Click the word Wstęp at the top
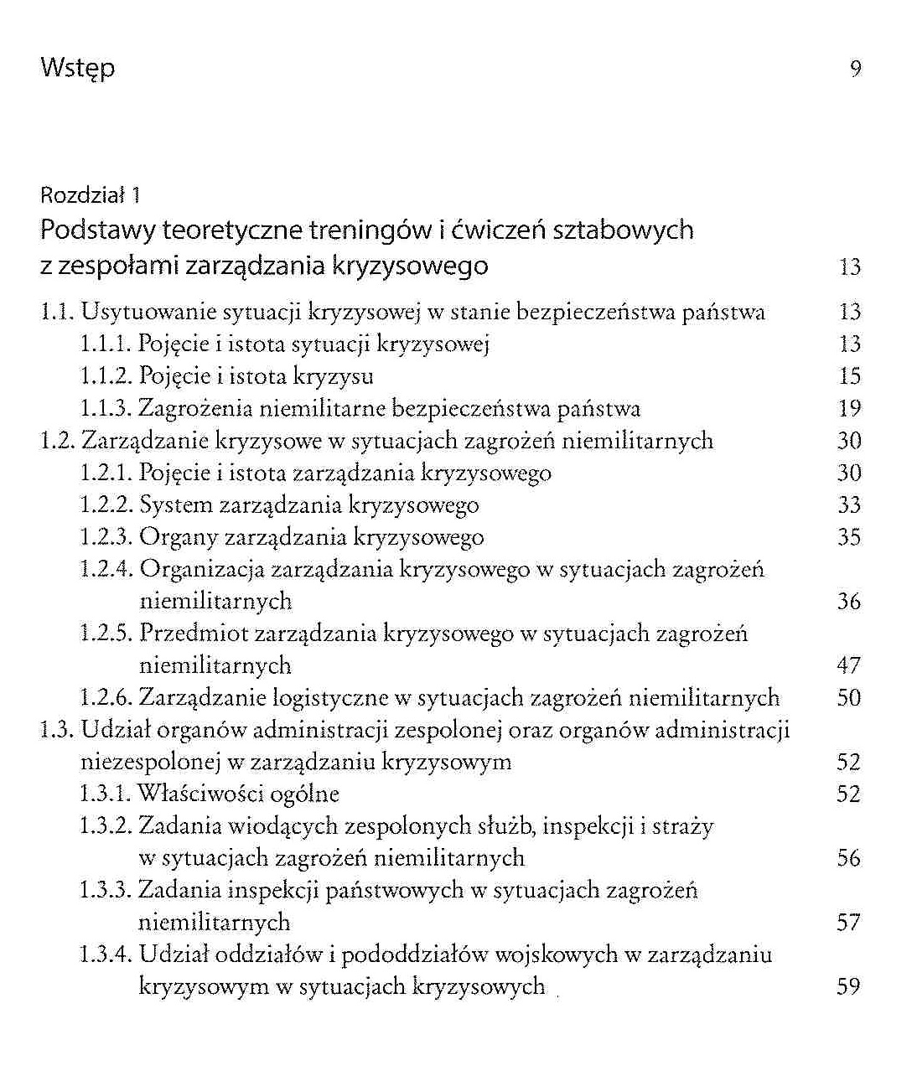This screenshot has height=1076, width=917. pyautogui.click(x=77, y=68)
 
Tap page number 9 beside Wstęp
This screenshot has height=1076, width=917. pyautogui.click(x=855, y=69)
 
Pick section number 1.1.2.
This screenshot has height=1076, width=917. pyautogui.click(x=106, y=376)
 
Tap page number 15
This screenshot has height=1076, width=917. pyautogui.click(x=849, y=376)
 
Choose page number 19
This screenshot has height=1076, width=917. pyautogui.click(x=849, y=409)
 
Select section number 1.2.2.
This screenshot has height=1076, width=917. pyautogui.click(x=106, y=505)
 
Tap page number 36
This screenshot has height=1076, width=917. pyautogui.click(x=849, y=602)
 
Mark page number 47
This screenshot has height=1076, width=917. pyautogui.click(x=849, y=666)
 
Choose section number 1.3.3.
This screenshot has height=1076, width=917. pyautogui.click(x=106, y=890)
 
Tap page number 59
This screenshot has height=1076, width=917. pyautogui.click(x=849, y=987)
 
